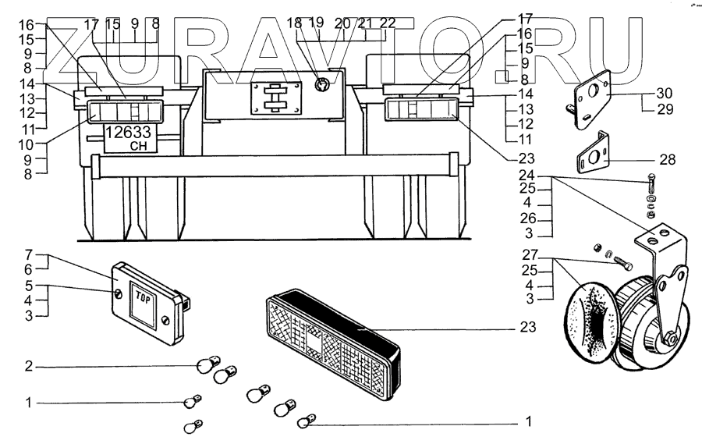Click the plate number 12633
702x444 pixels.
[129, 133]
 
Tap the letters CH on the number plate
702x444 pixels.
[137, 146]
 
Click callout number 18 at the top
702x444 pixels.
[294, 23]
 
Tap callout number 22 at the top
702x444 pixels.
[388, 23]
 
